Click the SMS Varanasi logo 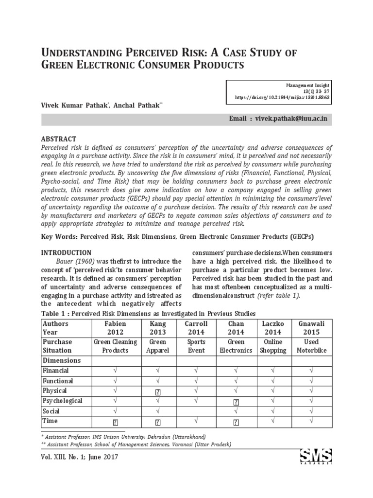click(316, 458)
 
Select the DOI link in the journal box click(282, 97)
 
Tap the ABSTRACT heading click(59, 139)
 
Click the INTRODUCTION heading click(66, 253)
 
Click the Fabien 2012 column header click(115, 328)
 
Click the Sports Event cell click(196, 346)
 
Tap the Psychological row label click(63, 401)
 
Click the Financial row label click(57, 371)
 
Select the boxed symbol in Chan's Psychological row click(236, 402)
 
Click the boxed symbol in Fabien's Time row click(115, 422)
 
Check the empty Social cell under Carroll click(196, 411)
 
